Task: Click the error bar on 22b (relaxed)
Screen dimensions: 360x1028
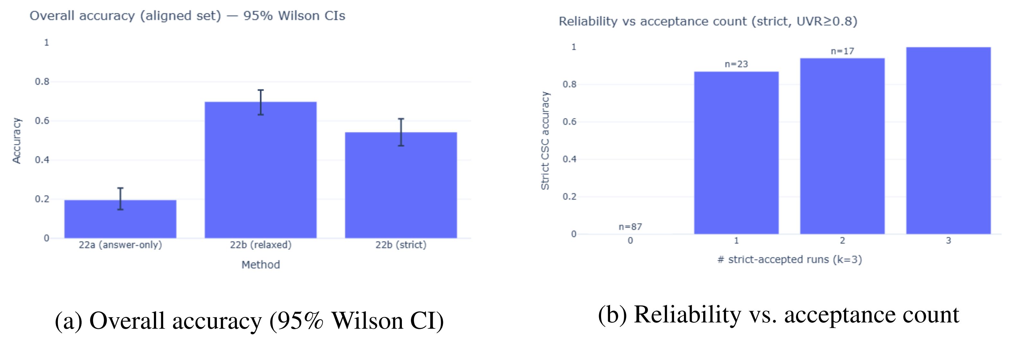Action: [x=261, y=103]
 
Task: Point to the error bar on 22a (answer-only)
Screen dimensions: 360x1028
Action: [x=120, y=199]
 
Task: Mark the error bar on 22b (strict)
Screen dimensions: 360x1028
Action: [x=401, y=132]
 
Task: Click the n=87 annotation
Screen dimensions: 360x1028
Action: [x=630, y=227]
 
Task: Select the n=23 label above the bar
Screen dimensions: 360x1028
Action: [x=736, y=64]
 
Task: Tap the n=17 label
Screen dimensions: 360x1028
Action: [x=842, y=51]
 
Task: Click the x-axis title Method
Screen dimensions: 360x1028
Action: [x=261, y=265]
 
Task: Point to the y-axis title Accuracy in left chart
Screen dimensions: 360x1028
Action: [x=16, y=140]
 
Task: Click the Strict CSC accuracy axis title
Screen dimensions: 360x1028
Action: [x=545, y=140]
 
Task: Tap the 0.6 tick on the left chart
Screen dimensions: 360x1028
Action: [x=42, y=121]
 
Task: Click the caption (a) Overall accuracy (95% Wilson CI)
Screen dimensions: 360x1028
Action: [x=249, y=320]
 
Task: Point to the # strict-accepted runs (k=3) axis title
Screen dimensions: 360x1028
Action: [x=789, y=260]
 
